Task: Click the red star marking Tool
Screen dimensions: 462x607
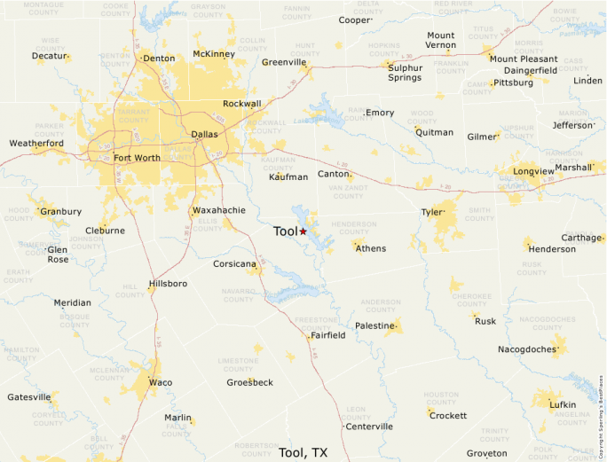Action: click(303, 231)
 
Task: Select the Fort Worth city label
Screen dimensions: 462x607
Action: click(137, 159)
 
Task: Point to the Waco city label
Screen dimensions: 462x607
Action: click(161, 382)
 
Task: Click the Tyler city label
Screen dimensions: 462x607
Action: click(431, 212)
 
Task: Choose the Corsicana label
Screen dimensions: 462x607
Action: click(234, 264)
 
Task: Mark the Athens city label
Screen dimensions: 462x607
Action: click(371, 248)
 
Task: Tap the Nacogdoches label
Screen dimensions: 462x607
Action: click(527, 349)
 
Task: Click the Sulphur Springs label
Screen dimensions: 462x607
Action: click(405, 72)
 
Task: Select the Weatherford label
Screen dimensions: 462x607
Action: click(36, 143)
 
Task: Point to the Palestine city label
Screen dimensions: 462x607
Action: click(374, 325)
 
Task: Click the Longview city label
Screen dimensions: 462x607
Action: click(532, 171)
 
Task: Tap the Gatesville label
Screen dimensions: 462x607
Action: click(29, 397)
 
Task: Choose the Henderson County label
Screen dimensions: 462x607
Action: click(353, 228)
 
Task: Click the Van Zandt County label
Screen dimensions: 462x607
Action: click(347, 192)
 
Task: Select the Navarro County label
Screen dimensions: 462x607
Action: click(239, 294)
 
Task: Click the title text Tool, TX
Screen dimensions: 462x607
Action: click(303, 452)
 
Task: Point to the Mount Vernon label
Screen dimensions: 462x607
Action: click(440, 41)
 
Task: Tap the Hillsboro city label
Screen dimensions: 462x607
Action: click(168, 284)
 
